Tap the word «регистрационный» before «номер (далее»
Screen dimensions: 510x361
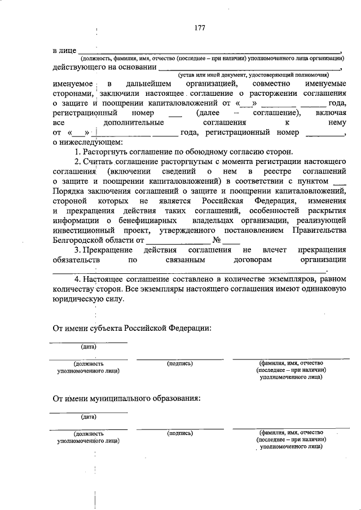84,113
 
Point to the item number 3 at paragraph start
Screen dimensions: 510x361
77,249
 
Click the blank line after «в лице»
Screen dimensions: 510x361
209,51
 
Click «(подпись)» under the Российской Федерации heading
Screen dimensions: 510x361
180,364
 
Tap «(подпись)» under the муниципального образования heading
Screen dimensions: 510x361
180,433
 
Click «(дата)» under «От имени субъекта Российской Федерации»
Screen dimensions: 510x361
89,347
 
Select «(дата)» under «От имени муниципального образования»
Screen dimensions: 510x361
89,417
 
